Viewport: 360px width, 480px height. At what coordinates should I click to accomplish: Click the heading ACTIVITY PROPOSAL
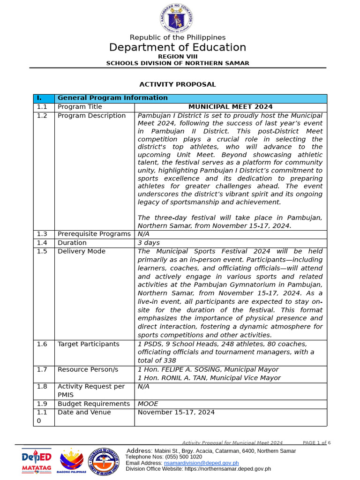(178, 84)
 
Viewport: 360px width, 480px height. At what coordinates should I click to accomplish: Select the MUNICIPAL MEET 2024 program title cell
(230, 107)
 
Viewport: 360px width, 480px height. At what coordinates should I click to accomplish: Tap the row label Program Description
(91, 116)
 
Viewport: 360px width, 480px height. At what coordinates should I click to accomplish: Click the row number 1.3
(42, 234)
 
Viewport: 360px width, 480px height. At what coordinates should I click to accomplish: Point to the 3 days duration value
(149, 243)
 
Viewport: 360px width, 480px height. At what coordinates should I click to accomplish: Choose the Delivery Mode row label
(81, 251)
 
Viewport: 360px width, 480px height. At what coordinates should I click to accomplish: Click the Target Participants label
(88, 344)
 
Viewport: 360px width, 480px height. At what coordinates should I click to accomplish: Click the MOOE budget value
(148, 404)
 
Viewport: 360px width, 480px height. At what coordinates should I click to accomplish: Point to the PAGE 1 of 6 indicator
(316, 442)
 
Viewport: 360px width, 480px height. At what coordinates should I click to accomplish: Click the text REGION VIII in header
(178, 56)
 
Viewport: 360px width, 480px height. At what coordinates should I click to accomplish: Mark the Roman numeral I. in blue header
(39, 98)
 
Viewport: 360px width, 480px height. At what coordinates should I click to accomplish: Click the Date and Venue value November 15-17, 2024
(176, 412)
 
